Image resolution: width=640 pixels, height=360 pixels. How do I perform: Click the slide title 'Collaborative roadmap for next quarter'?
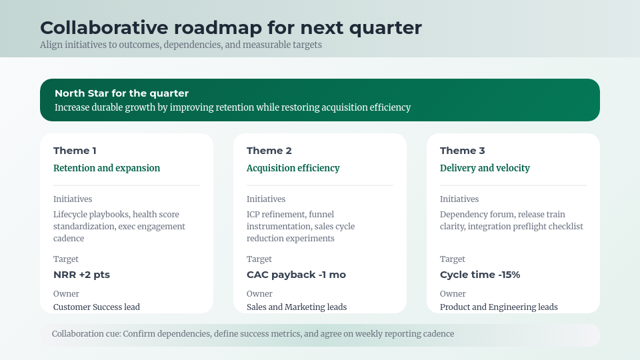tap(231, 28)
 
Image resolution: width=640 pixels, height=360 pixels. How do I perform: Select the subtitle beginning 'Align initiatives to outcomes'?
tap(181, 45)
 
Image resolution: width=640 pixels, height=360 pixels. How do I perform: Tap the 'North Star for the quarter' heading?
tap(121, 93)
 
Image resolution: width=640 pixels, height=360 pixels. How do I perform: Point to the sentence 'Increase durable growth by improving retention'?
tap(232, 107)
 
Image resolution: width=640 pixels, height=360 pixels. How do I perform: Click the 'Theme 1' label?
tap(75, 151)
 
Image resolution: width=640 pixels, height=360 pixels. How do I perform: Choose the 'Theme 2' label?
tap(269, 151)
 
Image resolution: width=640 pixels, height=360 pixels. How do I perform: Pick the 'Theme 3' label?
tap(462, 151)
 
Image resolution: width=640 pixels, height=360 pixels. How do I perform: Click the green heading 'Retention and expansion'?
tap(107, 168)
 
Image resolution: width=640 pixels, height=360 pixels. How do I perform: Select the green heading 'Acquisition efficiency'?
tap(293, 168)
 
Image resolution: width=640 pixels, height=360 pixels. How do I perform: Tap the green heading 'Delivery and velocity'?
tap(485, 168)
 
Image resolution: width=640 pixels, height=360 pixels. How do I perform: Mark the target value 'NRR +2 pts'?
tap(81, 275)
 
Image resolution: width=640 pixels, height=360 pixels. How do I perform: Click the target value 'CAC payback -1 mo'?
tap(296, 275)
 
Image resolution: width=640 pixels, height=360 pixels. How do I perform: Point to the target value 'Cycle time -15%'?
tap(480, 275)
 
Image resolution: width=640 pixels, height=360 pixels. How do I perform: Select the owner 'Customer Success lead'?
tap(97, 307)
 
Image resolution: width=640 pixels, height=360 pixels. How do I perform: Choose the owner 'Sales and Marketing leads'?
tap(297, 307)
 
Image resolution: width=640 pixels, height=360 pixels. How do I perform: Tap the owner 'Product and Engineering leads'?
tap(499, 307)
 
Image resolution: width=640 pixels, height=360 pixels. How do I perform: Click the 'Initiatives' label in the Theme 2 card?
tap(266, 199)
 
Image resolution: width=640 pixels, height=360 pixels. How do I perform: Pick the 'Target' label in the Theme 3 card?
tap(453, 259)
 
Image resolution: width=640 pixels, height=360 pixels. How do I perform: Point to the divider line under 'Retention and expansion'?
tap(127, 185)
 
